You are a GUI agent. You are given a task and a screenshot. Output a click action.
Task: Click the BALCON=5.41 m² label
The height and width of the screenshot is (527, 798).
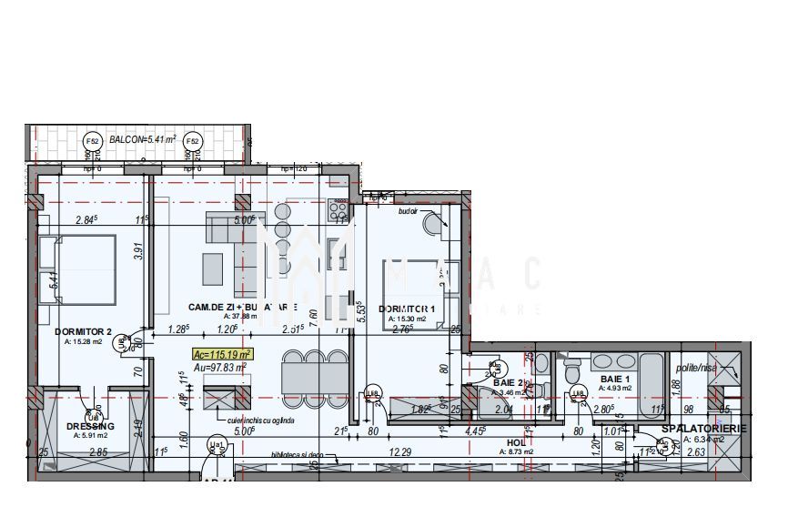[142, 140]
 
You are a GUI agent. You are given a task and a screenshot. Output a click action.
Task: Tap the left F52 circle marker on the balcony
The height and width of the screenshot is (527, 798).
[92, 141]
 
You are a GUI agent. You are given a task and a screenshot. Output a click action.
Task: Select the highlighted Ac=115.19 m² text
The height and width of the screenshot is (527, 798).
[223, 354]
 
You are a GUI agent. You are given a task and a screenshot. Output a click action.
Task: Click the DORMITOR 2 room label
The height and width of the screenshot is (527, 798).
[83, 331]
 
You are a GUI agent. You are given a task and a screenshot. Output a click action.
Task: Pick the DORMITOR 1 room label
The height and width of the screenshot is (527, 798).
[407, 309]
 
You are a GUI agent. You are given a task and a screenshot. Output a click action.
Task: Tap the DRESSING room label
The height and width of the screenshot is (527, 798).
[91, 426]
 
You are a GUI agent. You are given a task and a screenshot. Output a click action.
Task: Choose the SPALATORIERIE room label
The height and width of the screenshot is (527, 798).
[704, 428]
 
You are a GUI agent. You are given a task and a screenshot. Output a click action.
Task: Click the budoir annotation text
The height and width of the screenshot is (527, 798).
[408, 210]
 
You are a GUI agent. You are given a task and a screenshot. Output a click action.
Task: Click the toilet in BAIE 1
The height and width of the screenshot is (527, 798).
[572, 369]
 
